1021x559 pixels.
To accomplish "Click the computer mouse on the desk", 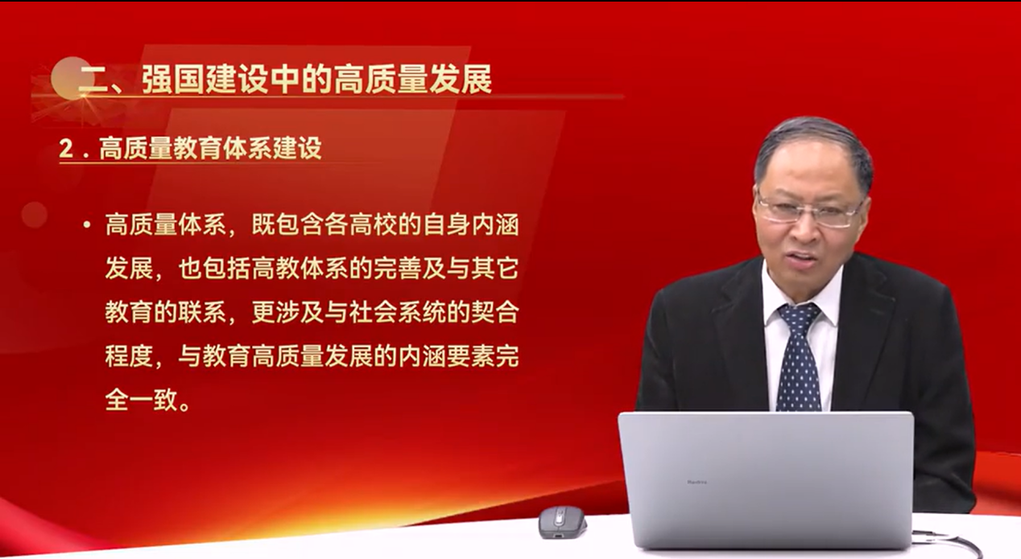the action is [x=562, y=522].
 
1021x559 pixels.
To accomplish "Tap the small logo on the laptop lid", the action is [x=697, y=482].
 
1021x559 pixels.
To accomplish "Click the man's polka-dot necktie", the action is [x=799, y=355].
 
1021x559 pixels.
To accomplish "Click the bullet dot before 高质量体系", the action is [x=87, y=225].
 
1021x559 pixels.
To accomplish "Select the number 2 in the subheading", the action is [x=66, y=149].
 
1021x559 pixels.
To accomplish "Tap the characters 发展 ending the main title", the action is [x=461, y=79].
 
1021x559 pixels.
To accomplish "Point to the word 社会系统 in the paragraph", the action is [x=398, y=312].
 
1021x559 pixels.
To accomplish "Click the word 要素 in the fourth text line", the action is [x=471, y=356].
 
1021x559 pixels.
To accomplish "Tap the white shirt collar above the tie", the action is [x=803, y=296].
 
